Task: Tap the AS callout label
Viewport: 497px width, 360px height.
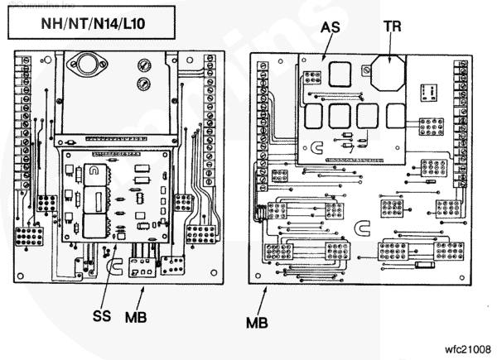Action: coord(331,26)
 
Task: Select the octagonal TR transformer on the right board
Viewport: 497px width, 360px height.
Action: coord(385,75)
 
